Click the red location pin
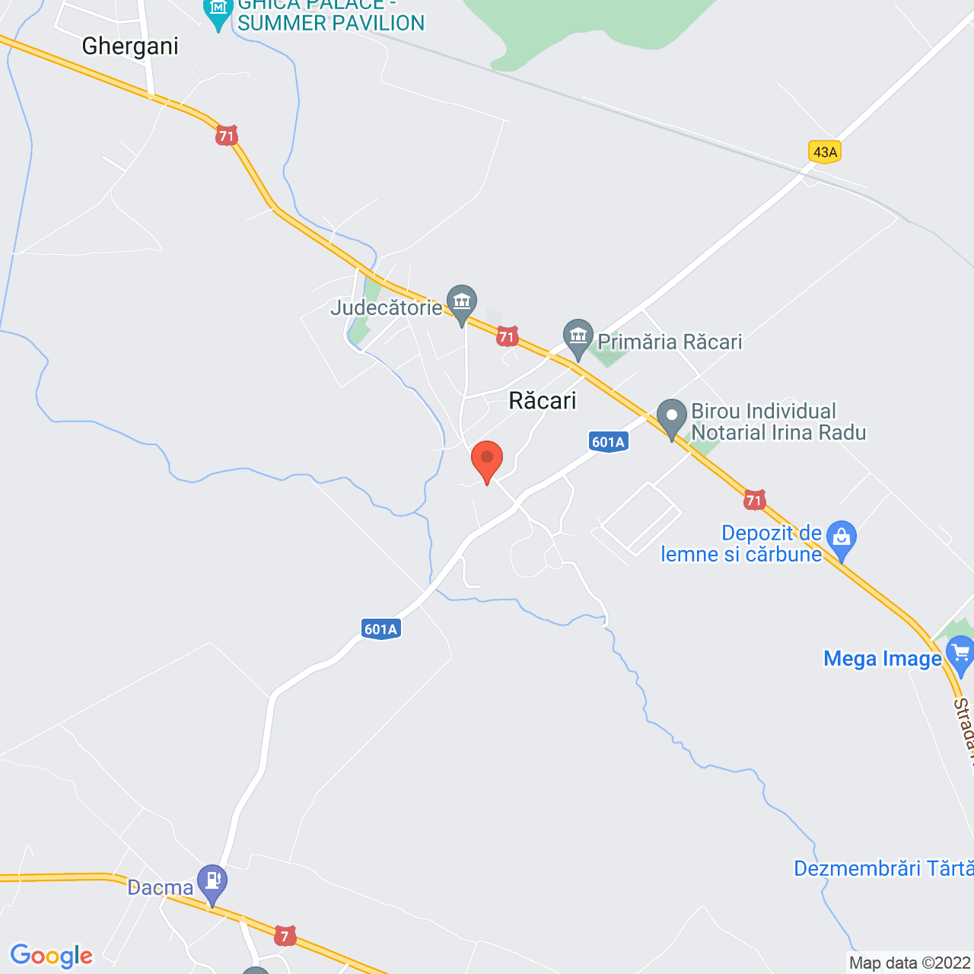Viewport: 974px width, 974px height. click(487, 460)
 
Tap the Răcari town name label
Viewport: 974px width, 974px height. click(543, 401)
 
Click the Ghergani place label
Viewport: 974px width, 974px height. click(130, 46)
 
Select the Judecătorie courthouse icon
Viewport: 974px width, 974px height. click(461, 303)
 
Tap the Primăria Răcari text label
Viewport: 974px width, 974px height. click(670, 342)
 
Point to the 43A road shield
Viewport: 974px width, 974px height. click(825, 152)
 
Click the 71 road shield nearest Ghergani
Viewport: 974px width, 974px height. click(226, 136)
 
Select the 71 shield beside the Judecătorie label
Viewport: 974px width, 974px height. click(507, 336)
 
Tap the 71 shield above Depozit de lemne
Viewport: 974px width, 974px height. click(754, 500)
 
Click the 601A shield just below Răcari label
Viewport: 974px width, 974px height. click(608, 442)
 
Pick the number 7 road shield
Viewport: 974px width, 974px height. click(285, 936)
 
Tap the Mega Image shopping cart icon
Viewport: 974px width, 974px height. click(959, 655)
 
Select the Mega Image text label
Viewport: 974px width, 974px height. click(883, 658)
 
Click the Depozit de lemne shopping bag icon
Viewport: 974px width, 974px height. click(842, 538)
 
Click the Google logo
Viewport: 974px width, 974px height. click(52, 956)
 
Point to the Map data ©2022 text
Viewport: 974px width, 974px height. click(910, 963)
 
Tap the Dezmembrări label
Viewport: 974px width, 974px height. click(883, 868)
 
